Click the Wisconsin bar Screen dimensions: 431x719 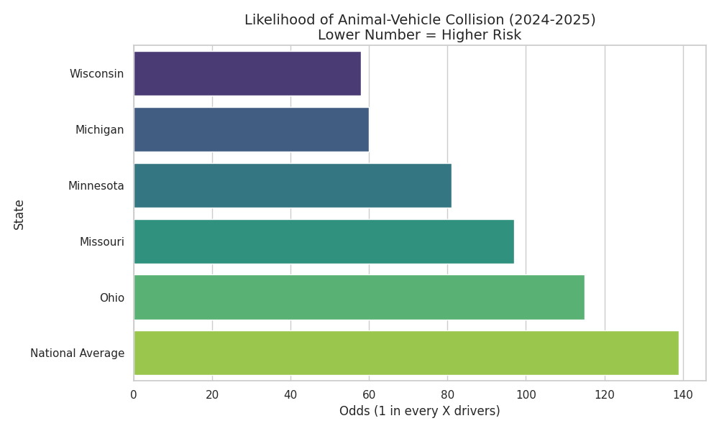tap(247, 73)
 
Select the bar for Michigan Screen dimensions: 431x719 tap(251, 129)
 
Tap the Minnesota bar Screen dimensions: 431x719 tap(293, 185)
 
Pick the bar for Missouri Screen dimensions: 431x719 tap(324, 241)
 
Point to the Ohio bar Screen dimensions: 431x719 tap(359, 297)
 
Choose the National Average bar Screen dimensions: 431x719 tap(406, 353)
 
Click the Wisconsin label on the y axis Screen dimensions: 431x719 tap(96, 74)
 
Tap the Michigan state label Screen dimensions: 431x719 tap(99, 130)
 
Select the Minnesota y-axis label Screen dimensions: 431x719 tap(96, 186)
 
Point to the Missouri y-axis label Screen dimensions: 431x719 tap(101, 242)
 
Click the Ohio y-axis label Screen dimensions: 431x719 tap(111, 298)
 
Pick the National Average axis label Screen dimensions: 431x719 tap(77, 353)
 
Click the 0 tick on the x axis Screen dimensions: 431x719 tap(134, 394)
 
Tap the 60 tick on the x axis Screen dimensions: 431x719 tap(369, 394)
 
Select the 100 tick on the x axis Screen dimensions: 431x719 tap(526, 394)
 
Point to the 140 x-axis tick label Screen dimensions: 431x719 tap(683, 394)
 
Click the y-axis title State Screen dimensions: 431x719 tap(19, 214)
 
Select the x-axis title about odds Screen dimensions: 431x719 tap(419, 411)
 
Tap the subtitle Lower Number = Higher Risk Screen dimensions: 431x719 tap(419, 35)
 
